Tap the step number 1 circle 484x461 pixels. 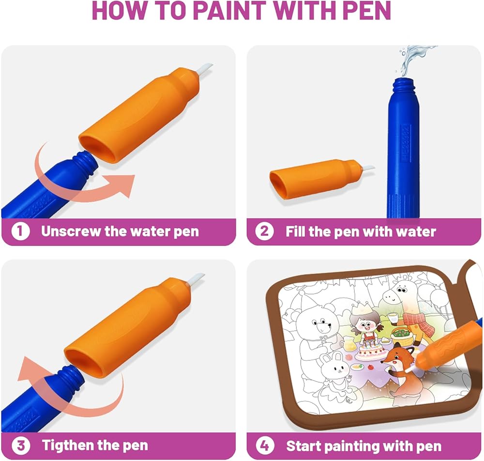coord(20,231)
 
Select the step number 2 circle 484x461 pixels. coord(265,231)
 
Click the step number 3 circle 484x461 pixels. coord(21,446)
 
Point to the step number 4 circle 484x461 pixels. coord(265,446)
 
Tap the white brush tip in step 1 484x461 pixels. coord(205,70)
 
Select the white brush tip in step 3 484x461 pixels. coord(197,279)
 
